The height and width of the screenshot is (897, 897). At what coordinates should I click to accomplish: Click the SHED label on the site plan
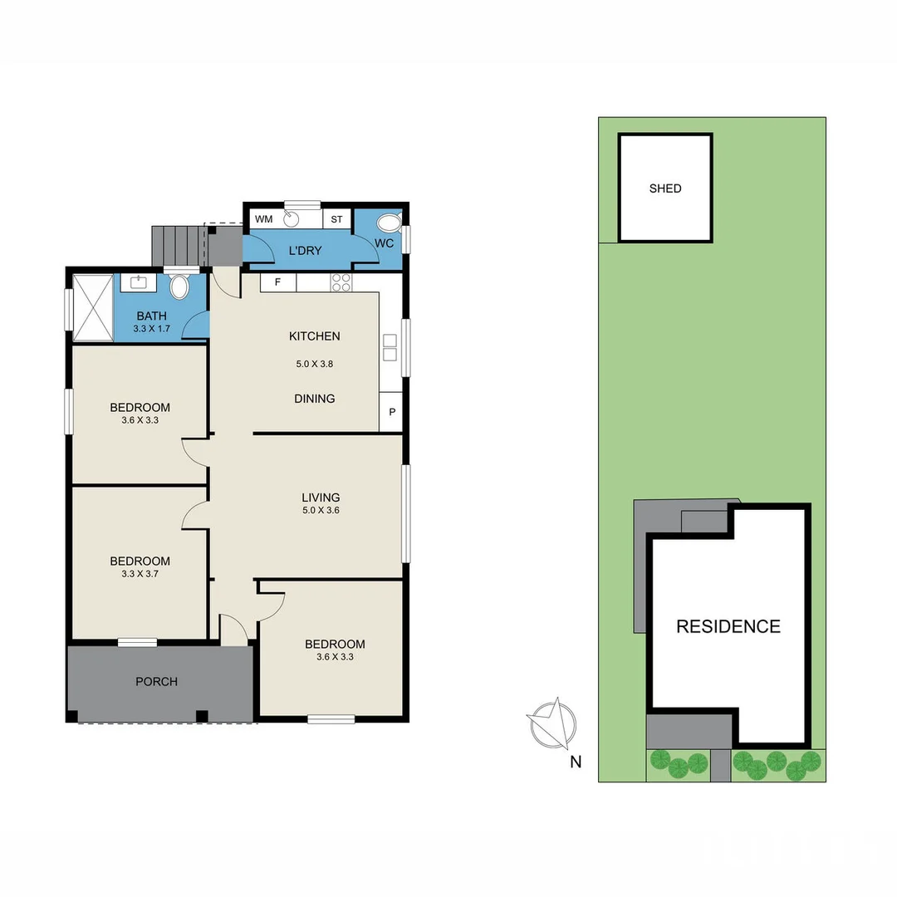point(665,189)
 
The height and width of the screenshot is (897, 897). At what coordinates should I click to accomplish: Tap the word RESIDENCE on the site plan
point(728,626)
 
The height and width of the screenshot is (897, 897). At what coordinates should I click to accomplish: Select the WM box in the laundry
point(263,219)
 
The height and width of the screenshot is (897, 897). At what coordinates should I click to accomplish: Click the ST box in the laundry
point(336,219)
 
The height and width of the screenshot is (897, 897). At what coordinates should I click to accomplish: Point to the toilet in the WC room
point(389,223)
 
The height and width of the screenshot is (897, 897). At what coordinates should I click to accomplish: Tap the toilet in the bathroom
point(179,287)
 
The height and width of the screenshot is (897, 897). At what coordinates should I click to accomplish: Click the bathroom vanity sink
point(139,282)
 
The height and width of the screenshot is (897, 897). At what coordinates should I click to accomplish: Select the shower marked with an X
point(93,307)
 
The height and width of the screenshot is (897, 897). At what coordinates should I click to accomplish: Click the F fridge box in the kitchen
point(278,282)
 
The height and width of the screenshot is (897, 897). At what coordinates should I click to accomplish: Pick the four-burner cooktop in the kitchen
point(341,282)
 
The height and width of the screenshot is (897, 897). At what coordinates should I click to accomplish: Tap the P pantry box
point(391,412)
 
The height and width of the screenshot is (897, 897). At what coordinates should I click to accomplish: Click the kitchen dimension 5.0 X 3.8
point(315,364)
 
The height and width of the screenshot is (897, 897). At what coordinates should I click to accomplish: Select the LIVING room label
point(321,498)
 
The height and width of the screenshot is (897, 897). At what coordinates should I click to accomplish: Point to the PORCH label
point(156,682)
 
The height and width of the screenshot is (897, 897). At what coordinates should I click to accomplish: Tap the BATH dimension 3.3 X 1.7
point(151,329)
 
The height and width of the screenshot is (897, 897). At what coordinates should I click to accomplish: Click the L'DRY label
point(305,251)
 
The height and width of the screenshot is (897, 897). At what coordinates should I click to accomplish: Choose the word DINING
point(315,399)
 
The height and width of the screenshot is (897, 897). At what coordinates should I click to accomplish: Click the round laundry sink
point(292,218)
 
